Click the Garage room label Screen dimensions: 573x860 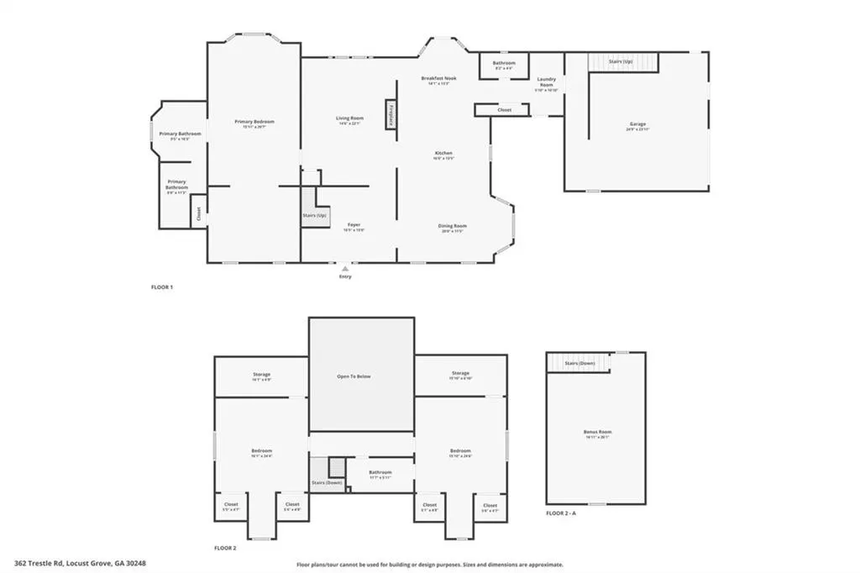(637, 124)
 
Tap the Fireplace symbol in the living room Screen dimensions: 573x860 (391, 114)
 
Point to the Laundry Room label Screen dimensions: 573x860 (547, 82)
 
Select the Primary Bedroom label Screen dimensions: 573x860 (254, 123)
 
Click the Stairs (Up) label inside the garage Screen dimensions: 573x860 (621, 62)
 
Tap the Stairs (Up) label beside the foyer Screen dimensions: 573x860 (316, 216)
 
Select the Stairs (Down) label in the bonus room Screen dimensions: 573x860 (579, 363)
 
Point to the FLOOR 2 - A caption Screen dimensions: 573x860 (562, 512)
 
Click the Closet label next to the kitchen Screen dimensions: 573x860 (504, 110)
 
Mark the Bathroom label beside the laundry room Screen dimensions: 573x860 (504, 64)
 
